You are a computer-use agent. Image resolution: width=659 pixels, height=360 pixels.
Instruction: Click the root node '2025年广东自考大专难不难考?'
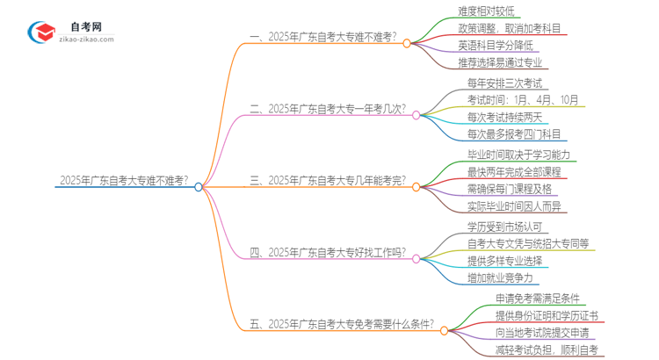(123, 181)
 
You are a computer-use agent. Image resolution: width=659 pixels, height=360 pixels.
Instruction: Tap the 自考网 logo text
(85, 27)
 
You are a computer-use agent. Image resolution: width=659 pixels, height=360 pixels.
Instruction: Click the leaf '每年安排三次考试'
(505, 83)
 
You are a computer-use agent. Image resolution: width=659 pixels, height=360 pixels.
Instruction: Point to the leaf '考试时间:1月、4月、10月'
(524, 100)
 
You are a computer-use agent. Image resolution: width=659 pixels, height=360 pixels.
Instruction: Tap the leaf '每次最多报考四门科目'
(514, 134)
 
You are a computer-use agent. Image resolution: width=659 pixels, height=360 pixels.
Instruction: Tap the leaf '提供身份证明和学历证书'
(534, 316)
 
